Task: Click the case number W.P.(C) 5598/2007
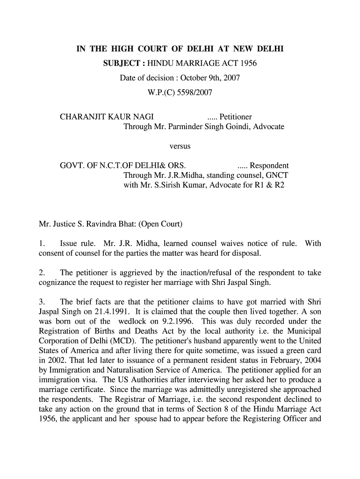click(x=180, y=93)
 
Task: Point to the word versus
click(x=180, y=146)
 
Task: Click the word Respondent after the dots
click(x=269, y=166)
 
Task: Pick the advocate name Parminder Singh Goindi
click(x=209, y=127)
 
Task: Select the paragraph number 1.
click(x=41, y=244)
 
